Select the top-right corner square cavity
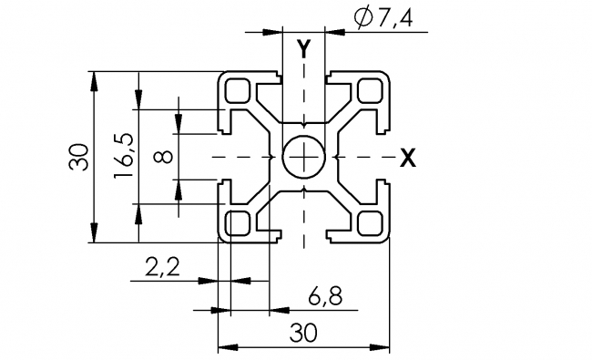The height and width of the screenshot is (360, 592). pos(369,91)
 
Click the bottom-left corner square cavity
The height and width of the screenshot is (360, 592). pos(239,222)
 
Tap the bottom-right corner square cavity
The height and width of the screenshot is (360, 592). pos(369,222)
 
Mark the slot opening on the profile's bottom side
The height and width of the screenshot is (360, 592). pos(302,239)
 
